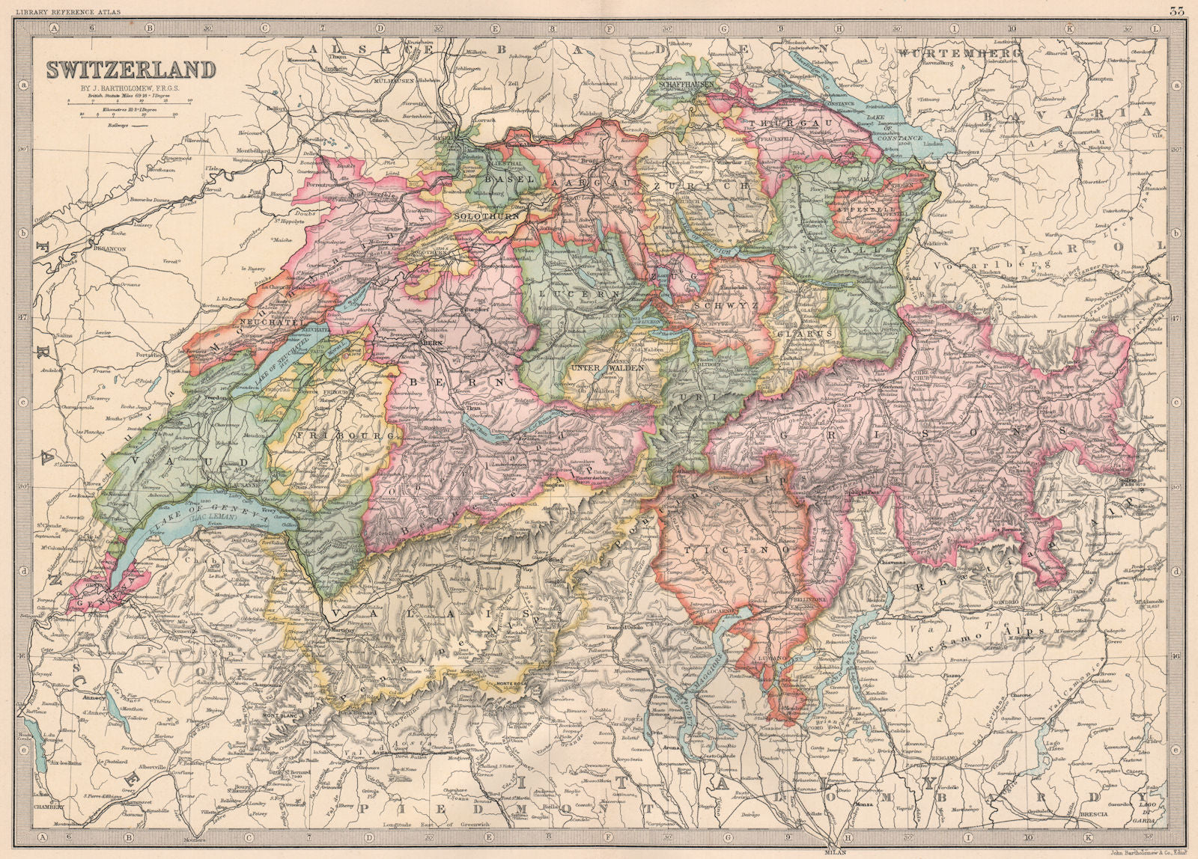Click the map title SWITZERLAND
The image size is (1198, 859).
[132, 70]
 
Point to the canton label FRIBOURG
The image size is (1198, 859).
[325, 434]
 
